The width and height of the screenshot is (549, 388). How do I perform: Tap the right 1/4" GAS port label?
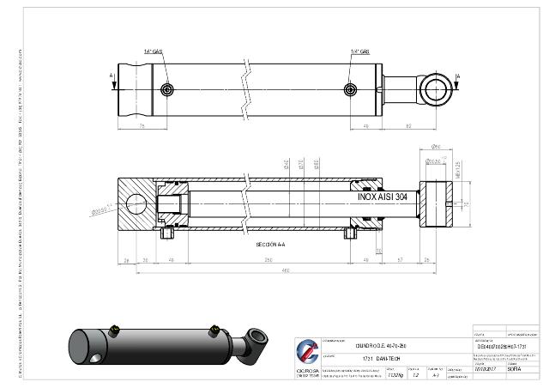pyautogui.click(x=360, y=52)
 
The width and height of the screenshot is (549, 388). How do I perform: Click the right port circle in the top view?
pyautogui.click(x=349, y=89)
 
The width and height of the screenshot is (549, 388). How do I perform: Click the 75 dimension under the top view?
pyautogui.click(x=141, y=125)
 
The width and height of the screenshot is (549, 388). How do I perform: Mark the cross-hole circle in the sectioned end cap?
pyautogui.click(x=136, y=204)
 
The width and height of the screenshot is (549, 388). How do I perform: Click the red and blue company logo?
pyautogui.click(x=306, y=353)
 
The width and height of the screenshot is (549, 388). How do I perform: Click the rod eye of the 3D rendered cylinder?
pyautogui.click(x=255, y=336)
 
